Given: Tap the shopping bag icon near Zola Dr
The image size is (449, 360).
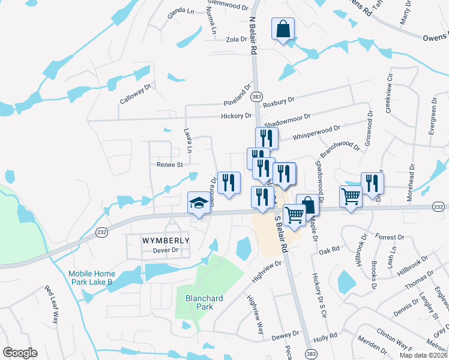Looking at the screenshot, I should (283, 28).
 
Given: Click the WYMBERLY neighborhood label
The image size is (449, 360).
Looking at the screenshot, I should (166, 240).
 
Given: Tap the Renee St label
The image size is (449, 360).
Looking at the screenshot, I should (169, 164).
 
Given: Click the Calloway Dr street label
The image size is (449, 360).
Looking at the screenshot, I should (136, 94).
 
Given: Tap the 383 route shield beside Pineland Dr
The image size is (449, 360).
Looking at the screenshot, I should (256, 97).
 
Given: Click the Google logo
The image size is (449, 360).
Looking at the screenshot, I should (20, 353).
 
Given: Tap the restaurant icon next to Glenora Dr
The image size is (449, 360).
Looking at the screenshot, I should (229, 183).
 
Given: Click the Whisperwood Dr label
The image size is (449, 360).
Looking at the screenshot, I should (316, 133).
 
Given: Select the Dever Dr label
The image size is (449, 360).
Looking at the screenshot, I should (166, 250).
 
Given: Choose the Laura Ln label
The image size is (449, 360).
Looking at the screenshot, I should (188, 140).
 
